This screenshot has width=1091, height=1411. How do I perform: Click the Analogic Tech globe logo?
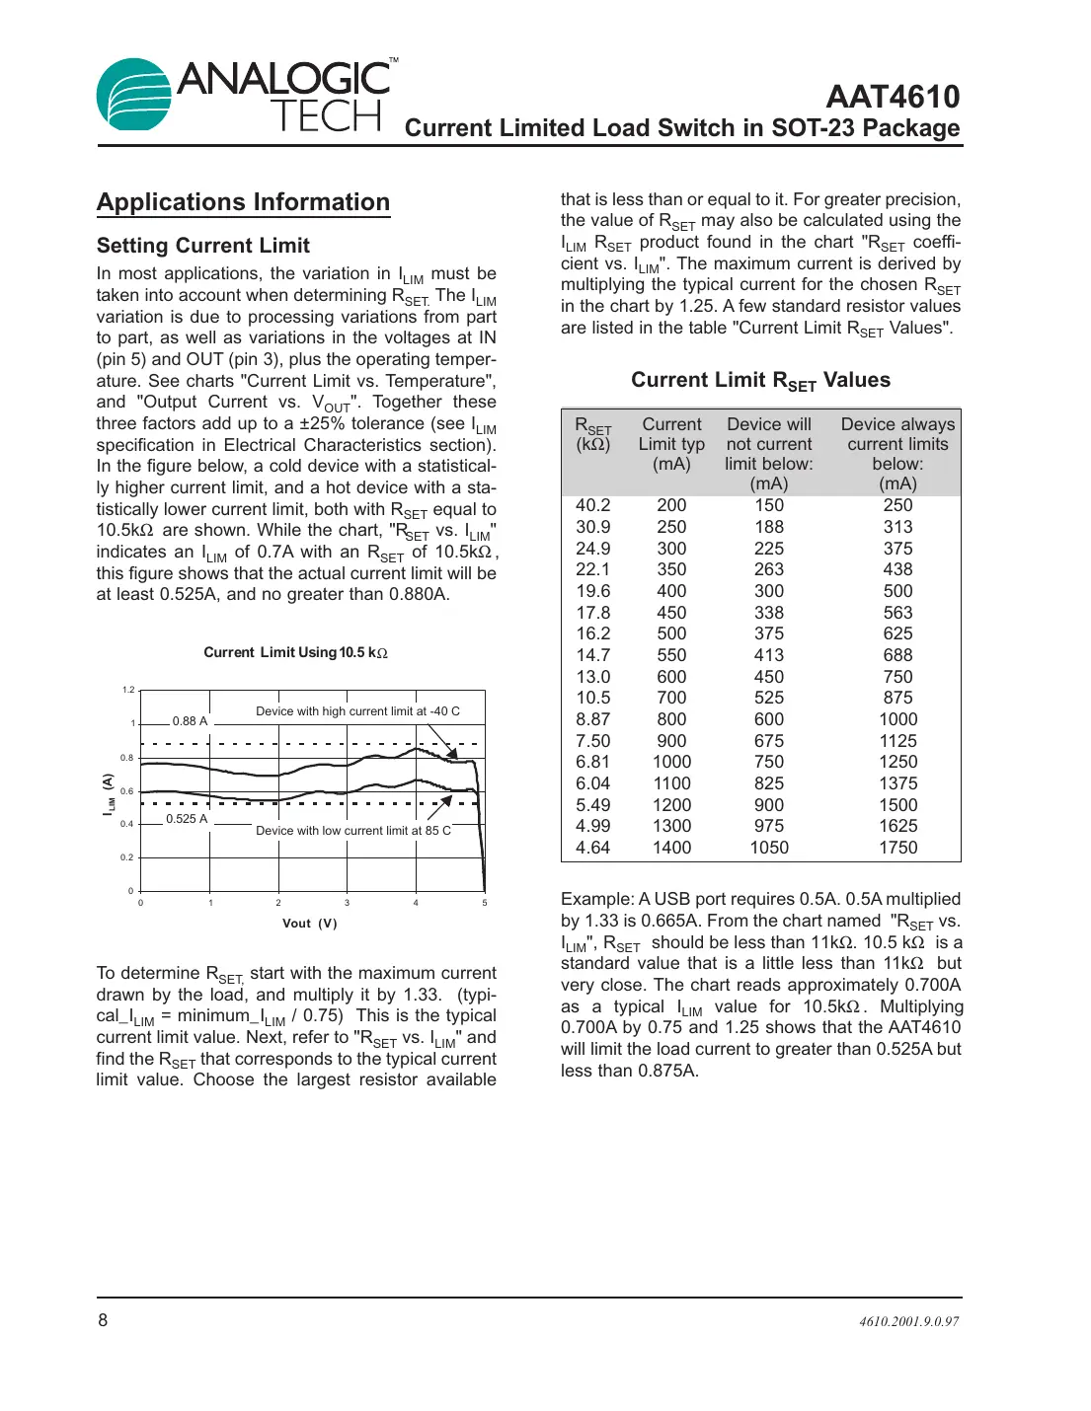click(135, 96)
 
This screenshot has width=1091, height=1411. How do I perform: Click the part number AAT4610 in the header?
click(893, 97)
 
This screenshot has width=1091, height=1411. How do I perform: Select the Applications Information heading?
click(243, 202)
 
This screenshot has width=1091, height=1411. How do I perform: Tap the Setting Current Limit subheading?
click(203, 246)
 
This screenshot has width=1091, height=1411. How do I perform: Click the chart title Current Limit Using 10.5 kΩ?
click(295, 652)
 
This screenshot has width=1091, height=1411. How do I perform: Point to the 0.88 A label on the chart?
click(190, 721)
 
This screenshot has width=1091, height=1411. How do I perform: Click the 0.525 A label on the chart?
click(187, 819)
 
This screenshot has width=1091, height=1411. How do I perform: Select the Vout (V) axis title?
click(310, 924)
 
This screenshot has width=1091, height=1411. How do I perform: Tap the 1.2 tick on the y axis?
click(128, 690)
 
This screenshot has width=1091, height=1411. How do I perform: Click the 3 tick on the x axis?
click(347, 903)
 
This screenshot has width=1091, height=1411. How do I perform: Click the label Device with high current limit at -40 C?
click(357, 711)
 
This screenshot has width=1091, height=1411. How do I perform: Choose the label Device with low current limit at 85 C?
click(353, 831)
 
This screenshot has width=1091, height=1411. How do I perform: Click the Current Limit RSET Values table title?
click(760, 381)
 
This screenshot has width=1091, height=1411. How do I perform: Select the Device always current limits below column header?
click(897, 453)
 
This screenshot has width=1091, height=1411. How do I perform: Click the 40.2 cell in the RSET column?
click(592, 505)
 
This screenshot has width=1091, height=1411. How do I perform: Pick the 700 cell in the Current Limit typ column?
click(671, 698)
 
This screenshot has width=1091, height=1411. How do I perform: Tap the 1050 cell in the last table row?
click(769, 848)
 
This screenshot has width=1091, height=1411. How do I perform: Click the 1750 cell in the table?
click(897, 848)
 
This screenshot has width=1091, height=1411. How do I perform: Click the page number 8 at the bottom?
click(103, 1320)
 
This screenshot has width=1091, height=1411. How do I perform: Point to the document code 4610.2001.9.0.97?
click(908, 1322)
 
